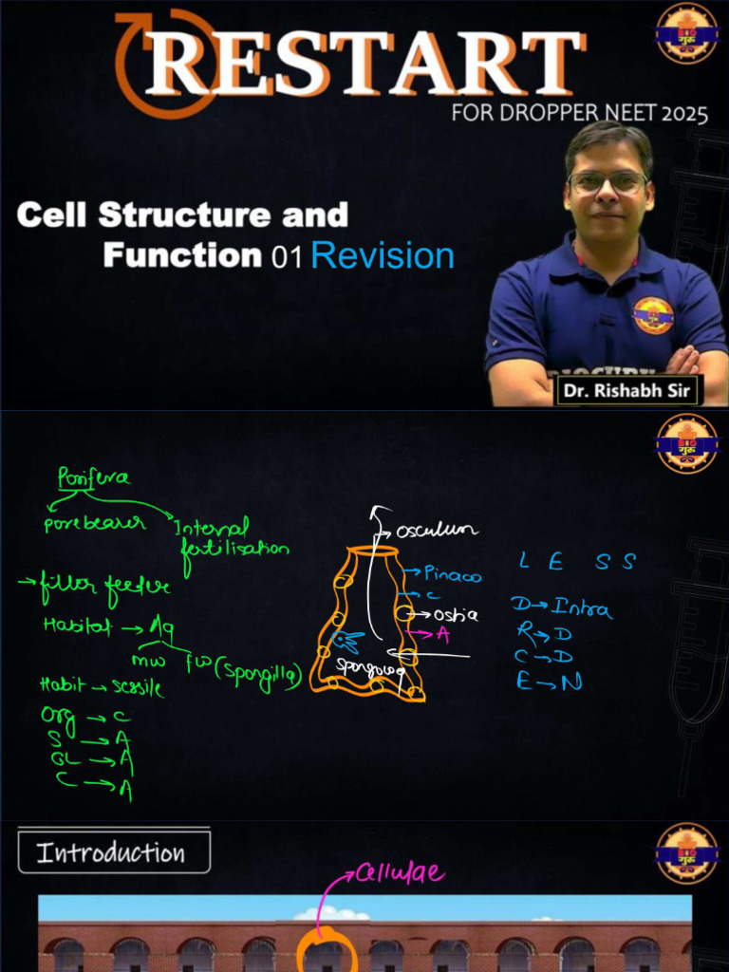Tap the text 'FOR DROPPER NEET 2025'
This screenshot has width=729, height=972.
tap(579, 115)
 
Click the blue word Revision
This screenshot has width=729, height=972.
tap(383, 256)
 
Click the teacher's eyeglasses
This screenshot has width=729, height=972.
tap(607, 181)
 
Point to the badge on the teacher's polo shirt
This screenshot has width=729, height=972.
tap(653, 316)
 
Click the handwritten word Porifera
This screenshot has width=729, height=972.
tap(94, 477)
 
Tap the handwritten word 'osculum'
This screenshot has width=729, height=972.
tap(438, 530)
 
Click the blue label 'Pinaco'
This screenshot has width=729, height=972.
tap(452, 574)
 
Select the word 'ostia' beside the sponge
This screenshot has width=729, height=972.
tap(455, 615)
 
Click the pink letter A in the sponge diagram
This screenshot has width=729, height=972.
tap(441, 634)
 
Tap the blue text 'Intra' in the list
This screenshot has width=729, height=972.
tap(581, 608)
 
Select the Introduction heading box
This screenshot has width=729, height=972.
tap(113, 852)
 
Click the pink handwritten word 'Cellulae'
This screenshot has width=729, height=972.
tap(399, 872)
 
